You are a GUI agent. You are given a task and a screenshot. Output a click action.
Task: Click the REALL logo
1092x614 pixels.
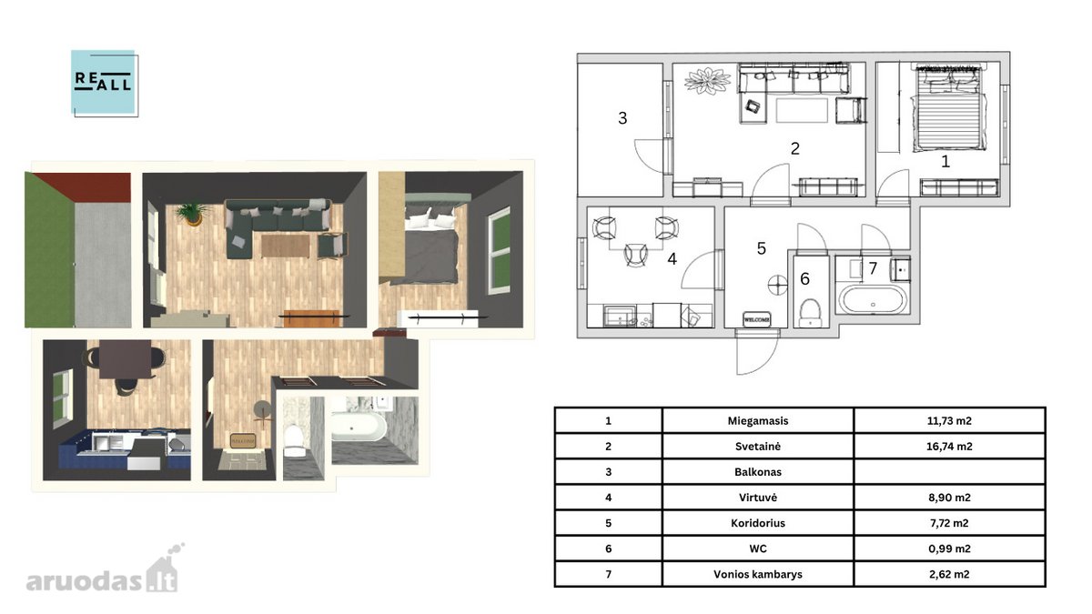tap(105, 83)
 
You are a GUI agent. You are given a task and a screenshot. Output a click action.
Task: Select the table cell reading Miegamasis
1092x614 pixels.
tap(757, 421)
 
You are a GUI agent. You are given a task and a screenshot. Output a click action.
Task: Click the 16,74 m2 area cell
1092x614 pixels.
tap(949, 447)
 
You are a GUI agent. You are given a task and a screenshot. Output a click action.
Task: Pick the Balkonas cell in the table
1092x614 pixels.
tap(757, 472)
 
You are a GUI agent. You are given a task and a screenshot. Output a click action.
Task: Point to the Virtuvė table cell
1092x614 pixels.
tap(757, 498)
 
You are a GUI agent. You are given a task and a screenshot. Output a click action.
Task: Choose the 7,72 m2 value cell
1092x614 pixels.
tap(949, 523)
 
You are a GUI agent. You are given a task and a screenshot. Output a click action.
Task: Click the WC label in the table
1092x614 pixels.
tap(757, 549)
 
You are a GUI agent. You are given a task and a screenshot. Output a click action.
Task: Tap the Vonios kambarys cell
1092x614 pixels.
tap(757, 575)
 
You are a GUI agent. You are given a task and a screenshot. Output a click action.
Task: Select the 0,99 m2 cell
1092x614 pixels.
tap(949, 549)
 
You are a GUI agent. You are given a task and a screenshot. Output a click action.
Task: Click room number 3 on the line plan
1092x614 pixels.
tap(622, 118)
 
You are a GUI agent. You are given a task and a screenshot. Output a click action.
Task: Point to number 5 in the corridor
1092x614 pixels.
tap(762, 248)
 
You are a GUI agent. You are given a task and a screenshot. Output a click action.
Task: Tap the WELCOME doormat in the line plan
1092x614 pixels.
tap(756, 319)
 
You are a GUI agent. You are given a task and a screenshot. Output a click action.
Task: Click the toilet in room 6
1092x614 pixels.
tap(811, 312)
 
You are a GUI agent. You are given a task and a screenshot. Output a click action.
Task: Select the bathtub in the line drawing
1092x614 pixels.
tap(872, 298)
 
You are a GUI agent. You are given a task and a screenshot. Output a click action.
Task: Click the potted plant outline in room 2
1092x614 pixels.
tap(707, 81)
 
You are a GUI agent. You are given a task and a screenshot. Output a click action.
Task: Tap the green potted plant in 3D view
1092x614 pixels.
tap(194, 215)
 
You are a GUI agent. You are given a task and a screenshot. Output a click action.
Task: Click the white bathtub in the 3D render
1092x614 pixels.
tap(359, 427)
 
